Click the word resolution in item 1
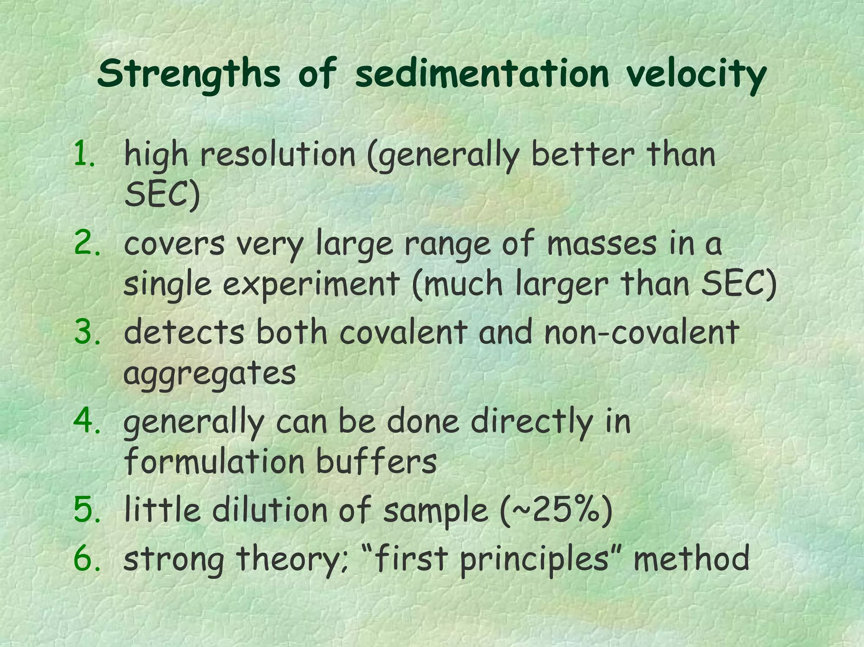coord(278,154)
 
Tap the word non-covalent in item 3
coord(641,332)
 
